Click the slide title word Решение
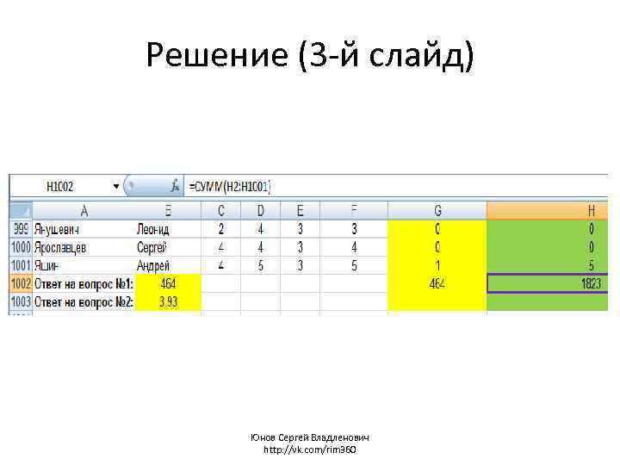coord(217,56)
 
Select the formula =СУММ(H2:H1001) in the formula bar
coord(230,186)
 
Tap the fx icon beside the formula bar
coord(175,186)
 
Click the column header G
coord(437,210)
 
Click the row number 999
coord(21,229)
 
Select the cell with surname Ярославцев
coord(68,247)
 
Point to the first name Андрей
coord(153,266)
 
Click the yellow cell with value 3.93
coord(168,302)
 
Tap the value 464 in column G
coord(437,284)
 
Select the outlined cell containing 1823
coord(548,284)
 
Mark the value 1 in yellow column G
coord(437,266)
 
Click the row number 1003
coord(21,302)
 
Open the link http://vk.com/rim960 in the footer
coord(309,449)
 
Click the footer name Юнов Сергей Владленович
coord(310,437)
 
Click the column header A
coord(84,210)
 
